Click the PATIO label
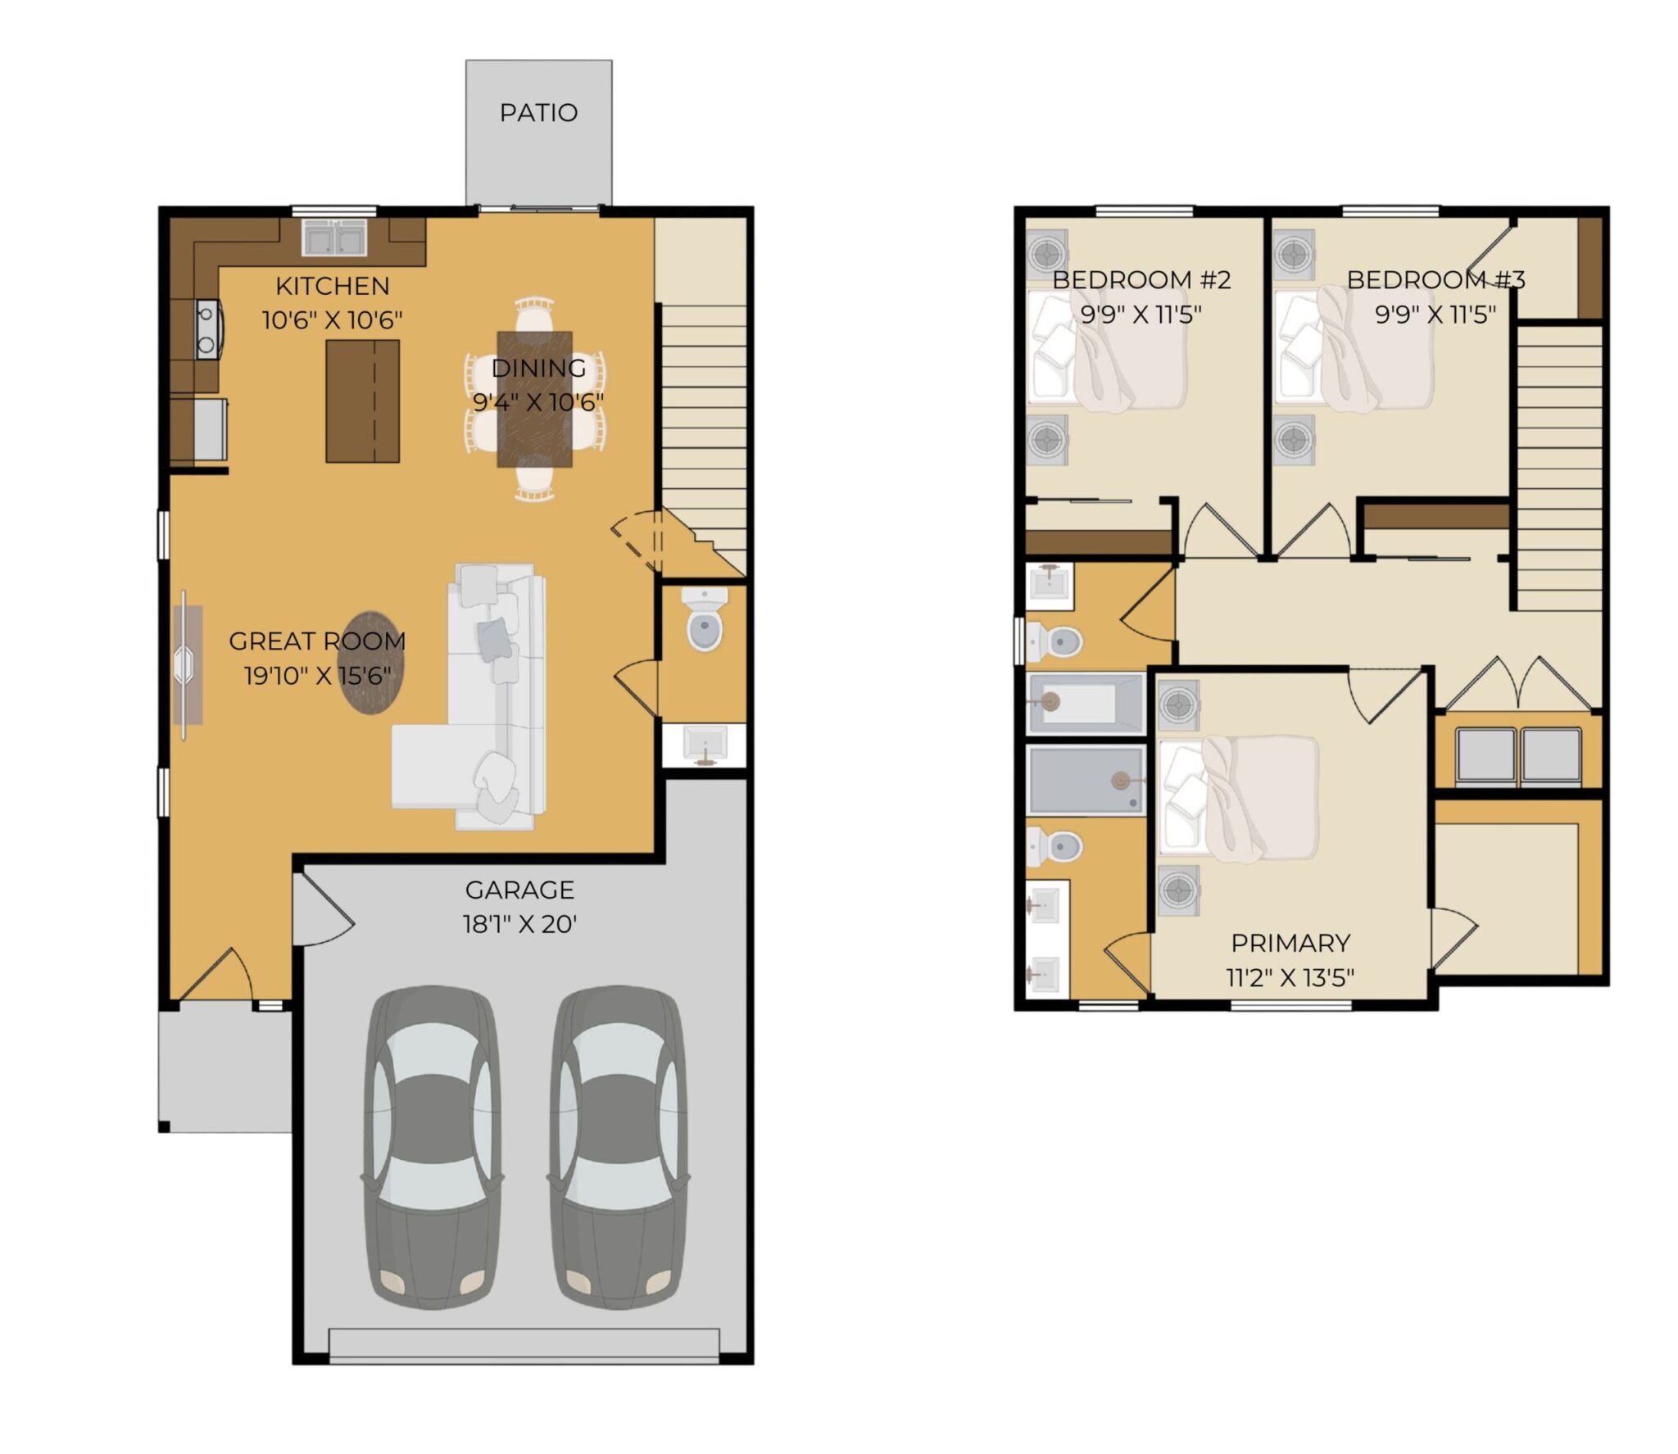tap(538, 112)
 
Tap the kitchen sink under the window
tap(333, 238)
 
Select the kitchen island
tap(362, 401)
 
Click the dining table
tap(534, 398)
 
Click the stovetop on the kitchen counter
tap(208, 328)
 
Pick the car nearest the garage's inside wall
tap(431, 1148)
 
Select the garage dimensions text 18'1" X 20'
tap(519, 924)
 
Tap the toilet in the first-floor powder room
tap(704, 619)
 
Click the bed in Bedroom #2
tap(1105, 351)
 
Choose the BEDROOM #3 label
tap(1435, 280)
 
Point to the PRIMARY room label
tap(1290, 943)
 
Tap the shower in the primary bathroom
tap(1086, 780)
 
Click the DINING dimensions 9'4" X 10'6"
tap(538, 402)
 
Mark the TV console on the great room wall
tap(188, 664)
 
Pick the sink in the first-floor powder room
tap(704, 745)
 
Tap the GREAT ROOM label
tap(317, 641)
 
